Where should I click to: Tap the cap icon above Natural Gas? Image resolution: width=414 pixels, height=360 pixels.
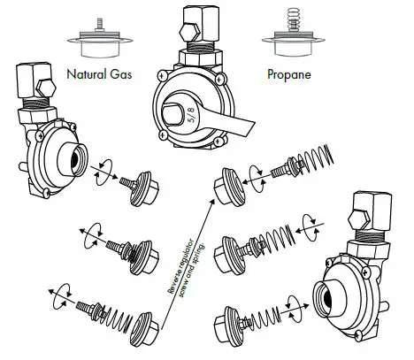97,44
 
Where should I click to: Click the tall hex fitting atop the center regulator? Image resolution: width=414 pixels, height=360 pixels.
195,20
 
